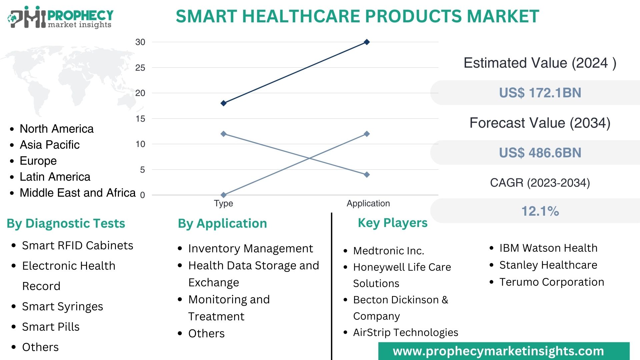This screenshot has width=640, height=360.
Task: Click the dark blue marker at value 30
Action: pyautogui.click(x=367, y=42)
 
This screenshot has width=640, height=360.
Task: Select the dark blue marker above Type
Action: pyautogui.click(x=224, y=103)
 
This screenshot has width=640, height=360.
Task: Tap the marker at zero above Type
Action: pyautogui.click(x=224, y=195)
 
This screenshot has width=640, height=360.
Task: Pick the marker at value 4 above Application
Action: pyautogui.click(x=367, y=175)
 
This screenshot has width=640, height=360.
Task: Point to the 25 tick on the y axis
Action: pyautogui.click(x=140, y=68)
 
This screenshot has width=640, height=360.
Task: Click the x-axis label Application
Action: pyautogui.click(x=368, y=203)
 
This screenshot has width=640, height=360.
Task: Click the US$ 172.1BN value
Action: pyautogui.click(x=540, y=93)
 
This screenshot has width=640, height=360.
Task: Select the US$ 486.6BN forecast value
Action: pyautogui.click(x=540, y=153)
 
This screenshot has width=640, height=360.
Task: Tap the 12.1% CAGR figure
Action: pyautogui.click(x=540, y=211)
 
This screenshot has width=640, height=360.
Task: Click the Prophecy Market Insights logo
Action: pyautogui.click(x=60, y=17)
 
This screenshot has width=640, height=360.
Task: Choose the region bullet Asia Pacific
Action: pyautogui.click(x=50, y=145)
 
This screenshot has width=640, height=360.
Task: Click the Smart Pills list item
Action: pyautogui.click(x=51, y=327)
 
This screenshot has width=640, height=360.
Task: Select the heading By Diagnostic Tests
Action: pyautogui.click(x=66, y=223)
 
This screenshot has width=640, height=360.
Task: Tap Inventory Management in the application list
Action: pyautogui.click(x=250, y=248)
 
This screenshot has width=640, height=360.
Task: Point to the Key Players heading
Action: pyautogui.click(x=392, y=223)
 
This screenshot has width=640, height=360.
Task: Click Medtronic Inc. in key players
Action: pyautogui.click(x=388, y=251)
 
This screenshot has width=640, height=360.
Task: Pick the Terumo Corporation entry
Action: pyautogui.click(x=551, y=282)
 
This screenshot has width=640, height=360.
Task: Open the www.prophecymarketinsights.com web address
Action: pyautogui.click(x=498, y=351)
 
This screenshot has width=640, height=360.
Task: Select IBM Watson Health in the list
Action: pyautogui.click(x=548, y=248)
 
